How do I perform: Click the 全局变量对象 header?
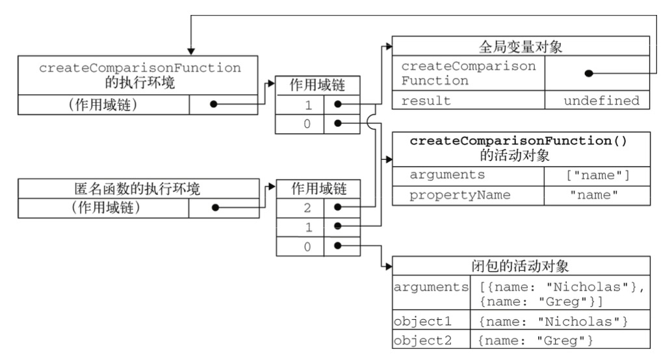point(521,47)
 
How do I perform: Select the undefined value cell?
point(601,101)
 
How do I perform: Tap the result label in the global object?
point(426,101)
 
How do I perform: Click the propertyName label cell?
point(460,196)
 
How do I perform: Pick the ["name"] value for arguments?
point(598,175)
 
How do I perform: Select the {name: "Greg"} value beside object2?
point(536,341)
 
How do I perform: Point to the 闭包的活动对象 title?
point(521,266)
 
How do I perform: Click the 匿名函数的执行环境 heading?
point(137,188)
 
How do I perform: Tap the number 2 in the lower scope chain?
point(307,209)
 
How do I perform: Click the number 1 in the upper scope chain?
point(308,105)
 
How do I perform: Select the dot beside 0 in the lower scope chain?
point(338,246)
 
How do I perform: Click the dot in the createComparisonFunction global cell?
point(589,73)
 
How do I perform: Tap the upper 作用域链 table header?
point(318,85)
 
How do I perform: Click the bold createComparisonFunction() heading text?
point(518,141)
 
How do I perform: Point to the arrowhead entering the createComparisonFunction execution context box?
point(191,51)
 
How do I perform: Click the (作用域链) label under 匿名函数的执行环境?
point(106,208)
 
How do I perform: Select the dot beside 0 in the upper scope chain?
point(338,123)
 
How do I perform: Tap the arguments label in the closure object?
point(431,287)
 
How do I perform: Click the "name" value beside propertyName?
point(595,196)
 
